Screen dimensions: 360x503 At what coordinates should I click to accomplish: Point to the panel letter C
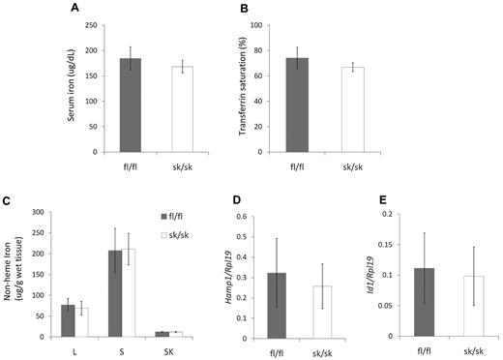[8, 200]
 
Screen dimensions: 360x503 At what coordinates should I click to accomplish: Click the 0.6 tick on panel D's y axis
[268, 214]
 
